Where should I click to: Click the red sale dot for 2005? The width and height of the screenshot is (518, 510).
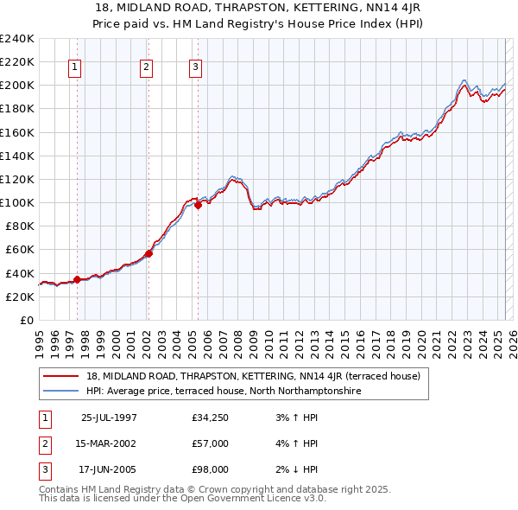(x=198, y=205)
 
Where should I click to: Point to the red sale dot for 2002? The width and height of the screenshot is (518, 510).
(x=148, y=253)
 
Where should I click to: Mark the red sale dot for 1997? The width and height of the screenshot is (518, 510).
(x=78, y=279)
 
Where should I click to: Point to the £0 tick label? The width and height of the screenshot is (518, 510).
(x=26, y=320)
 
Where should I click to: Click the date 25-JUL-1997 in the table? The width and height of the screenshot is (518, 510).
(x=109, y=418)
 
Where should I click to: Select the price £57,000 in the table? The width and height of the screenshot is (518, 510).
(x=211, y=444)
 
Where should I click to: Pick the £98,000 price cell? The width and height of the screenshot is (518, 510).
(x=211, y=469)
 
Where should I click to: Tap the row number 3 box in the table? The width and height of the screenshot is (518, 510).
(x=43, y=469)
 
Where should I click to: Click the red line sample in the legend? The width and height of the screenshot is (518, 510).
(x=61, y=377)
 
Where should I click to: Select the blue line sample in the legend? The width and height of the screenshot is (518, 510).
(x=61, y=391)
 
